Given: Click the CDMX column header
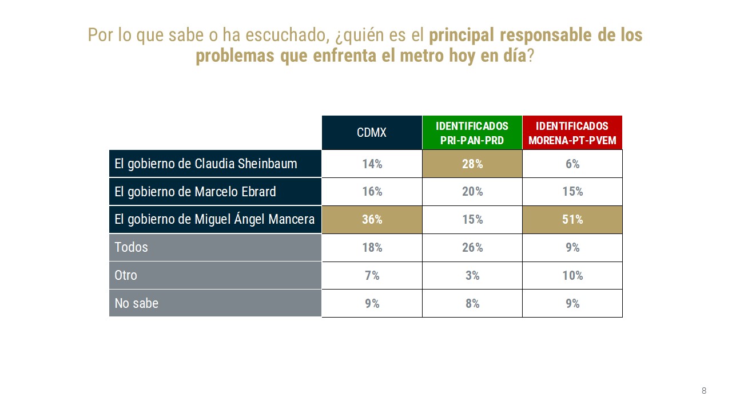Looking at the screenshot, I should coord(372,133).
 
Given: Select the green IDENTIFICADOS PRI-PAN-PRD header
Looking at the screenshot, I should coord(472,133).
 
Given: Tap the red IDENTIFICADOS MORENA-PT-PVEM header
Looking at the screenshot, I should coord(572,133).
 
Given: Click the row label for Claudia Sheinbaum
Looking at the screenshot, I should coord(206,164).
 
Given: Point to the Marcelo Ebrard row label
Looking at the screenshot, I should coord(195,192).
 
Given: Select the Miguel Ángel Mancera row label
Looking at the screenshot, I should coord(214,219).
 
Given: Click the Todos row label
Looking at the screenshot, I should coord(132,247).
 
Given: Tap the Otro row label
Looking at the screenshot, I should coord(126,275).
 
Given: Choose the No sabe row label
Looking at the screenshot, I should coord(137,303).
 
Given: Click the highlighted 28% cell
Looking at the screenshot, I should coord(472,164).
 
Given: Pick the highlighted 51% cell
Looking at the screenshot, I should coord(572,220).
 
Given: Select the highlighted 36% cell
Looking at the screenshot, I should coord(372,220).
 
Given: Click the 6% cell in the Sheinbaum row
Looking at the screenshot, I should coord(572,164).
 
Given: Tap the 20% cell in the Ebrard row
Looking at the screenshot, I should coord(472,192).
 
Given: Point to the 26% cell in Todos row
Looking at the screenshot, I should coord(472,248).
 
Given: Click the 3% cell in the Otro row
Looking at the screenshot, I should coord(472,276).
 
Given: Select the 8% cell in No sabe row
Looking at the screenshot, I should coord(472,304).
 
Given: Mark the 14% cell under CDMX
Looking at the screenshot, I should coord(372,164).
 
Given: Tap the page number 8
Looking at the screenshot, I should coord(704,391).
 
